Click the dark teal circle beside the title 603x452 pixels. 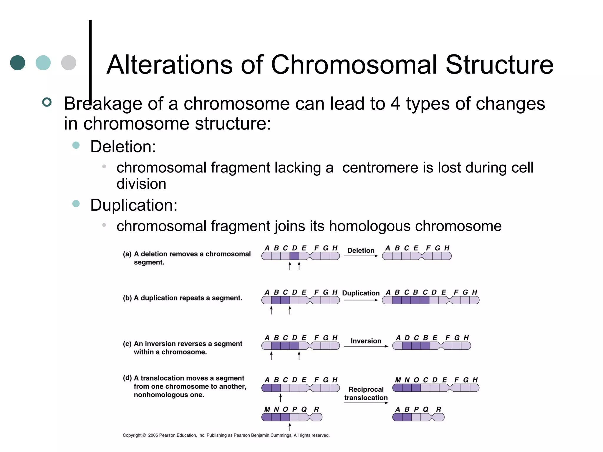(x=18, y=63)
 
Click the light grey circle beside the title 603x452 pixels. (x=69, y=63)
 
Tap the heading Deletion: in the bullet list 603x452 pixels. (x=123, y=147)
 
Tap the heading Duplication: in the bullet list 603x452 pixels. (x=134, y=205)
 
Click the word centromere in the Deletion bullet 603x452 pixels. (x=380, y=167)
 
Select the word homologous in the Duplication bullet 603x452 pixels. (x=370, y=226)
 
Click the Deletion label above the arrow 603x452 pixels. (x=361, y=250)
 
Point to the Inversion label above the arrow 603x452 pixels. (x=366, y=341)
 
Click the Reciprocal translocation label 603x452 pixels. (x=366, y=393)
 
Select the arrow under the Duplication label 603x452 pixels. (x=361, y=300)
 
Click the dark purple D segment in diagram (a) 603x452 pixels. (x=294, y=256)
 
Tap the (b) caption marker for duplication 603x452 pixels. (x=127, y=298)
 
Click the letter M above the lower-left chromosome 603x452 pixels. (x=267, y=409)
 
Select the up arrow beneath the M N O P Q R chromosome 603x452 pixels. (x=290, y=426)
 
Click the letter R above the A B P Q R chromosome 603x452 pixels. (x=439, y=409)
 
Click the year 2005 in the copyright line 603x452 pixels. (x=153, y=435)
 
